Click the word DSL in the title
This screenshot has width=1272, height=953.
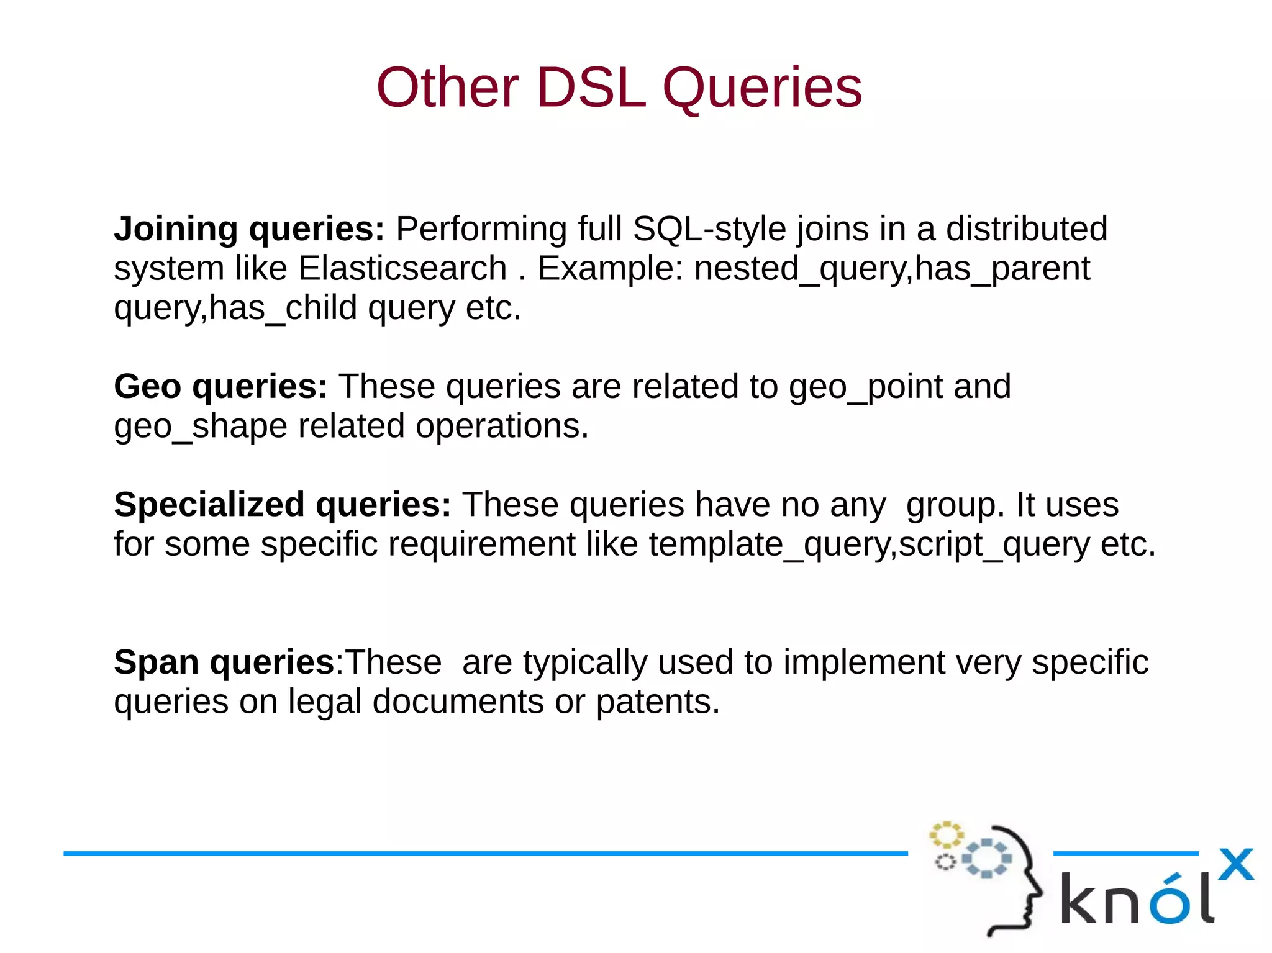[590, 88]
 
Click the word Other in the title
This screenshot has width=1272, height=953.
[447, 88]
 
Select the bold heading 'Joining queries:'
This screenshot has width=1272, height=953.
[249, 228]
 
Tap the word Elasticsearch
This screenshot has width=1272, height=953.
[402, 268]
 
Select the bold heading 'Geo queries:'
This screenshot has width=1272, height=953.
[220, 386]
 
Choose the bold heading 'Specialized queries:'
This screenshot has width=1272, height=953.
[282, 504]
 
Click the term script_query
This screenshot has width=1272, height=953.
[993, 544]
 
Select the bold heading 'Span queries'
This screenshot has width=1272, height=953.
[224, 662]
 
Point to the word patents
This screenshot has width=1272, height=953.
[657, 702]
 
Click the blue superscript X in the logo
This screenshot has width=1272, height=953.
[1235, 864]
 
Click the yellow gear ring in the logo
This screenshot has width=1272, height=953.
[946, 835]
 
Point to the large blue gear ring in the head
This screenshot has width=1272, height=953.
[986, 859]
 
